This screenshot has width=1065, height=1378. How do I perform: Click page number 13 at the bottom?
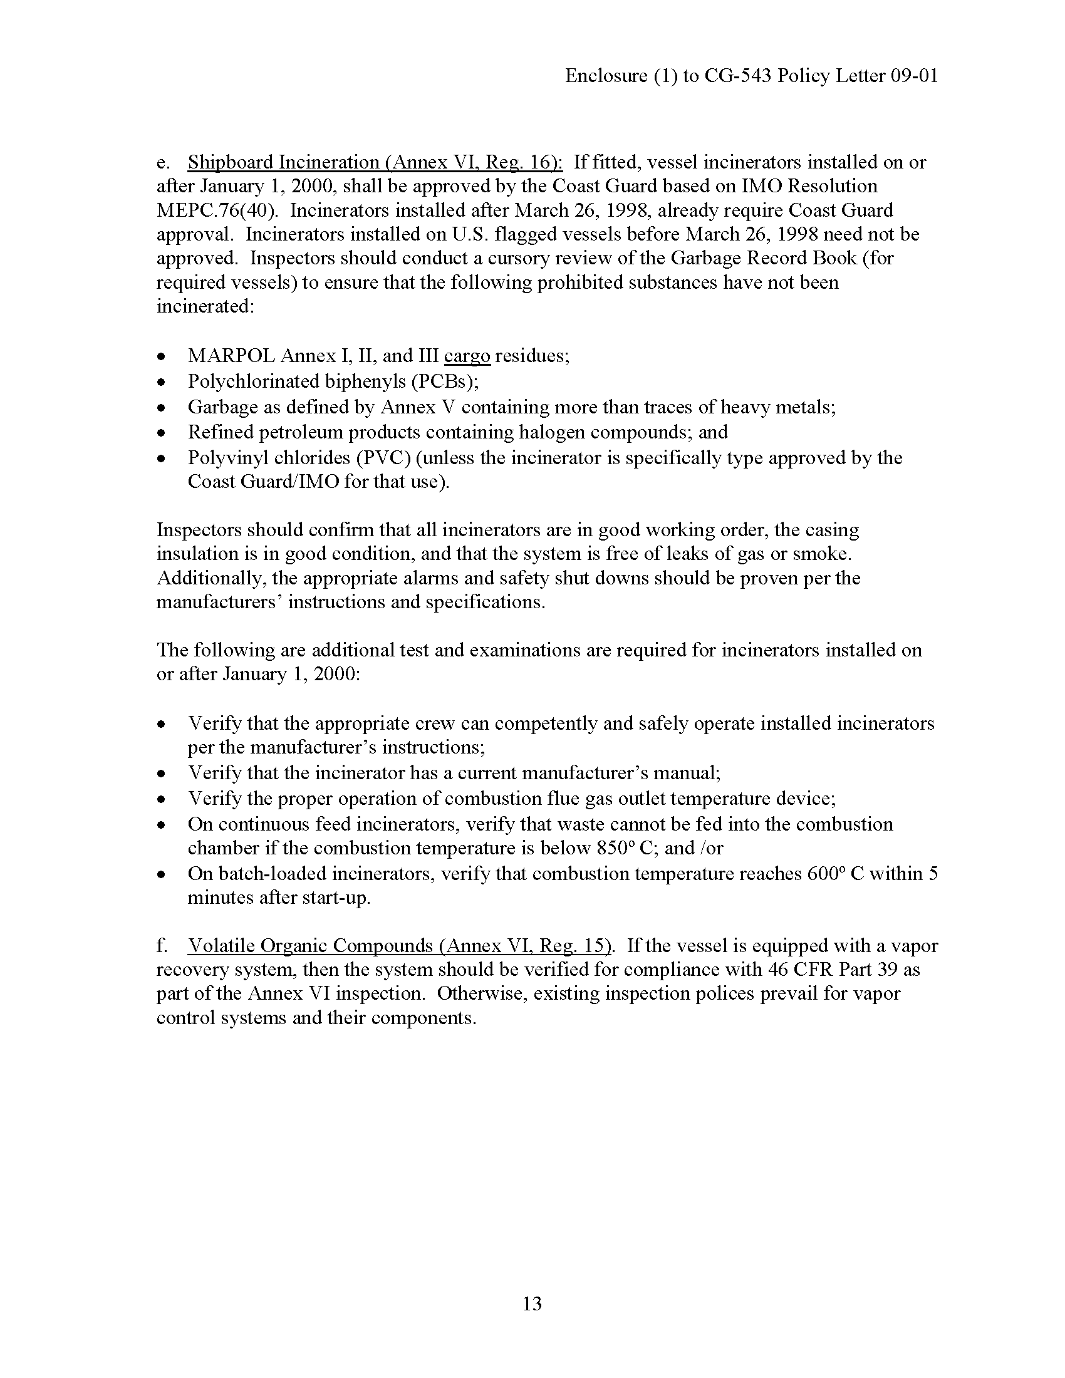pyautogui.click(x=532, y=1303)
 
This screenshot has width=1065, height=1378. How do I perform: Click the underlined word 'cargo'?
pyautogui.click(x=467, y=356)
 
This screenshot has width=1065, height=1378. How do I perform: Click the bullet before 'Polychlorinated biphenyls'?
pyautogui.click(x=162, y=382)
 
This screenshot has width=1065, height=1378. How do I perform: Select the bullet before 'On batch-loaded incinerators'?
pyautogui.click(x=162, y=875)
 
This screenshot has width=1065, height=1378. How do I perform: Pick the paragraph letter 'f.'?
pyautogui.click(x=163, y=946)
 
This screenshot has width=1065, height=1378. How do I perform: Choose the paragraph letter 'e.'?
pyautogui.click(x=164, y=162)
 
